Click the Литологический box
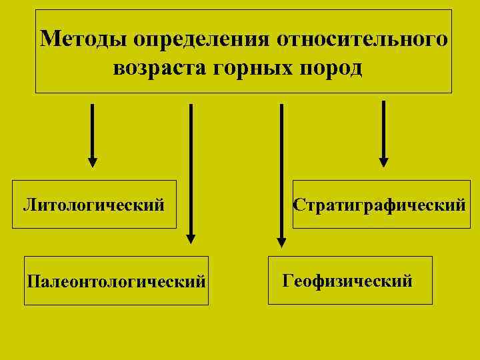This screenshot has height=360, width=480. click(x=94, y=204)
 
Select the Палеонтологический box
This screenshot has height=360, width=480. click(x=116, y=280)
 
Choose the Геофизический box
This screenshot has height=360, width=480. click(x=350, y=280)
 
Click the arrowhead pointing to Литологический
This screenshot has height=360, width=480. click(x=93, y=162)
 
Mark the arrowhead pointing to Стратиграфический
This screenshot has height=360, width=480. click(x=383, y=162)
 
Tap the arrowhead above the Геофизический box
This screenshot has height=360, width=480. click(x=281, y=243)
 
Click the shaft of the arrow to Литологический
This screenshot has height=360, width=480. click(x=93, y=130)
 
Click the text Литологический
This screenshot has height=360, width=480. click(x=94, y=204)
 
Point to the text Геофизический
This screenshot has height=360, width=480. click(x=347, y=280)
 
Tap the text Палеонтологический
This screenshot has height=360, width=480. click(x=116, y=281)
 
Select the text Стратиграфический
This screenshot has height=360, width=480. click(x=380, y=204)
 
